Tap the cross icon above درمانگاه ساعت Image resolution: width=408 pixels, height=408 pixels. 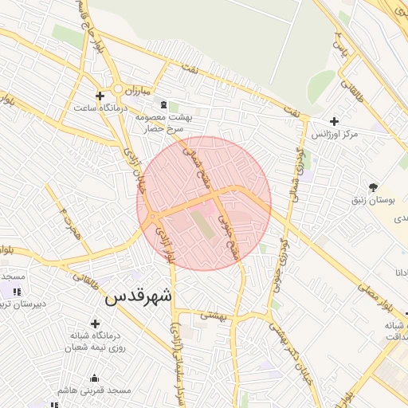[99, 95]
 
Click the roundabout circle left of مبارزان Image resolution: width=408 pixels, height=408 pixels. [117, 88]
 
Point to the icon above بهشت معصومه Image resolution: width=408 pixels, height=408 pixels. [164, 104]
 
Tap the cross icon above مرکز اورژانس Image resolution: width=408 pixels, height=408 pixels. [334, 120]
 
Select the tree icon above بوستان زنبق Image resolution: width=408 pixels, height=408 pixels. [373, 188]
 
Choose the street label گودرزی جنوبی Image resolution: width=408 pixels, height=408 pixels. [281, 254]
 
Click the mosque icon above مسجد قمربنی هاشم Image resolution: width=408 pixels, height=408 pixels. [95, 378]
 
